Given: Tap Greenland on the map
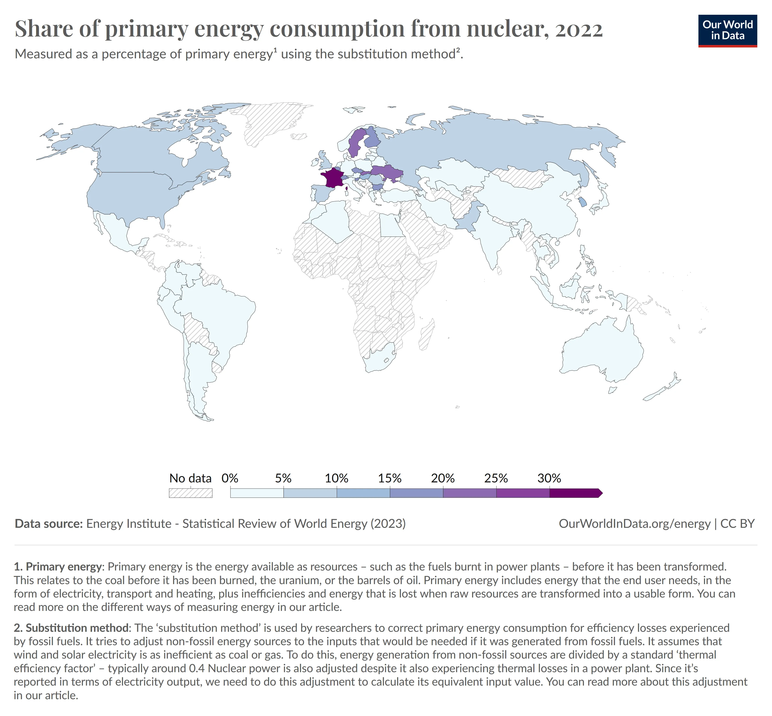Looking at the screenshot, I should coord(271,120).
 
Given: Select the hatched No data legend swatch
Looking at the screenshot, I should coord(190,493).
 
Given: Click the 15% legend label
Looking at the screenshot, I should coord(389,478).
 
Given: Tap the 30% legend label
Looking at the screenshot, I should coord(549,478).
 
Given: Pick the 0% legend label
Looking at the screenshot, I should coord(230,478).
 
